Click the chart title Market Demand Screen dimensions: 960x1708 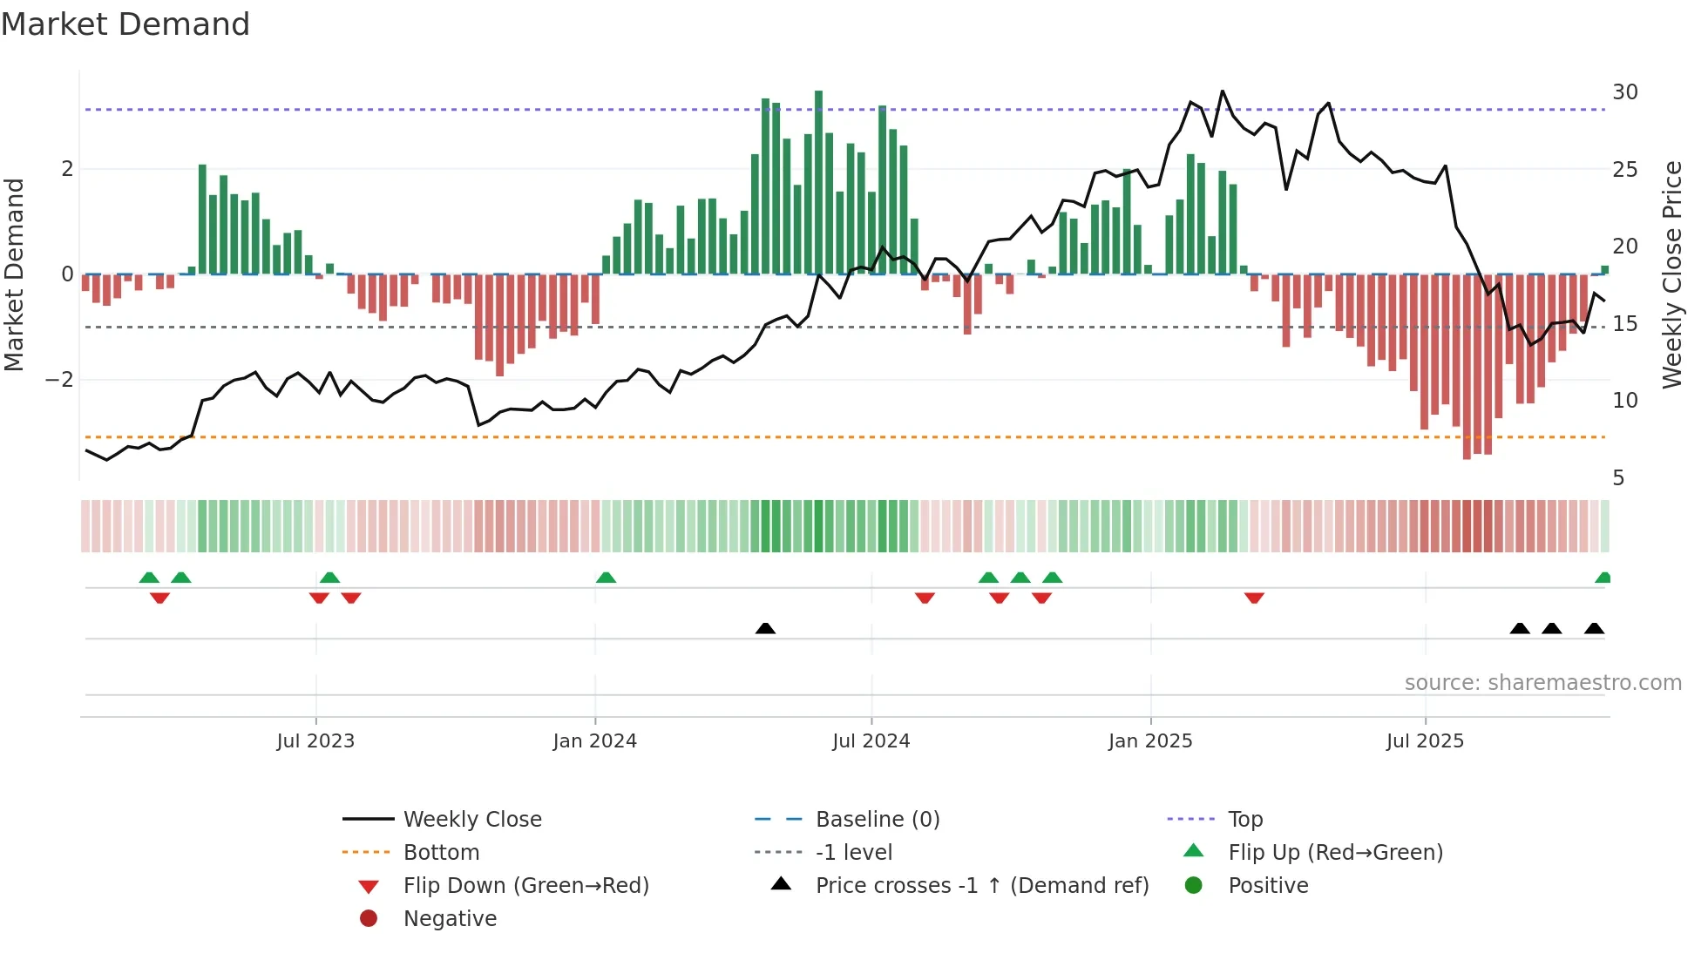click(x=125, y=24)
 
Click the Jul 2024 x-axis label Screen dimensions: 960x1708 click(x=871, y=740)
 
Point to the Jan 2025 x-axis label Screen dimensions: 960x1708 click(x=1149, y=740)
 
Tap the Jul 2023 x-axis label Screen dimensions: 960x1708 click(x=315, y=740)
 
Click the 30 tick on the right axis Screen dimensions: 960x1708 click(x=1624, y=92)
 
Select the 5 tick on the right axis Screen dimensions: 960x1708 click(x=1618, y=477)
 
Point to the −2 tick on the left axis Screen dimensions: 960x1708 click(x=59, y=380)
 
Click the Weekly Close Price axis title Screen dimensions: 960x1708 click(x=1671, y=274)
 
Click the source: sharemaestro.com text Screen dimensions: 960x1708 click(x=1542, y=682)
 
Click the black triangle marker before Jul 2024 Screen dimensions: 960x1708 click(x=765, y=628)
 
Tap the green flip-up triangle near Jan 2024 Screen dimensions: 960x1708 click(x=606, y=578)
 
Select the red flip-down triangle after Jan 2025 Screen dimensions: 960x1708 click(x=1254, y=598)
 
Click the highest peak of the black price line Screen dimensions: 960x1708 click(x=1223, y=91)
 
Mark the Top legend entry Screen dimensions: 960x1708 click(x=1244, y=819)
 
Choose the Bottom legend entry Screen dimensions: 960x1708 click(x=441, y=852)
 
